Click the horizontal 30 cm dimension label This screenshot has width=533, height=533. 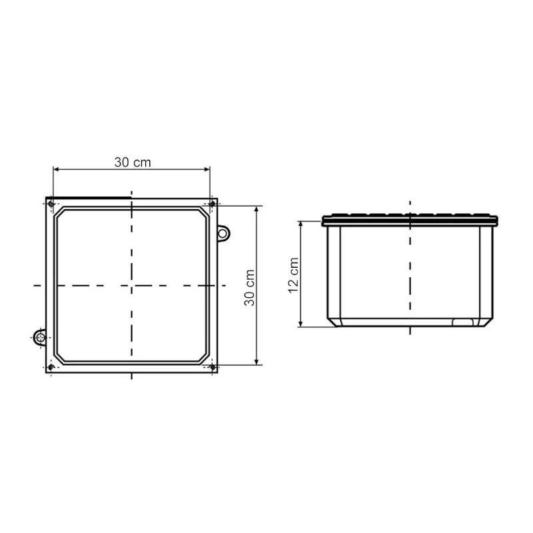click(x=133, y=163)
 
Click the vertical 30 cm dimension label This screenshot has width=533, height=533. click(x=249, y=288)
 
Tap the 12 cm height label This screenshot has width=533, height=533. click(x=293, y=275)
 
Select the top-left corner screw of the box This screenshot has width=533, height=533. click(x=51, y=204)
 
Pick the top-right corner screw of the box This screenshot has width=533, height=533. click(x=213, y=204)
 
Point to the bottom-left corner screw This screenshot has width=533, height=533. click(x=51, y=367)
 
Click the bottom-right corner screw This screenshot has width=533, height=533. click(x=213, y=367)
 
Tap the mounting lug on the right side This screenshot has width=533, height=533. click(x=223, y=234)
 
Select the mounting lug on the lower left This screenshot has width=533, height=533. click(x=41, y=338)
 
